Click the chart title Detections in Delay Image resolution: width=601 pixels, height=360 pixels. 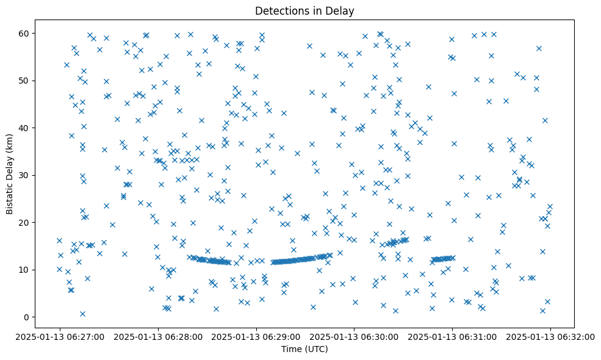pos(304,11)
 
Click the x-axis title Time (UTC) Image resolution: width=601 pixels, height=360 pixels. pos(304,349)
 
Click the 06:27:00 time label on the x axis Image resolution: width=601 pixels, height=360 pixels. pos(60,336)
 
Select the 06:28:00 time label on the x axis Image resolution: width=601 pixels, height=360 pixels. pos(158,336)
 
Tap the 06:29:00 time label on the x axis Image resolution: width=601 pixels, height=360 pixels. pos(256,336)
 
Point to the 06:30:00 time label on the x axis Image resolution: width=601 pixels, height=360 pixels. pos(354,336)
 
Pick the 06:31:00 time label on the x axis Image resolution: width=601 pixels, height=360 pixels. pos(452,336)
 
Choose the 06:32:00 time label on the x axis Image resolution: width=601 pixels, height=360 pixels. pos(550,336)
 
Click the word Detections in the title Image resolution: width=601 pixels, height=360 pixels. pos(281,11)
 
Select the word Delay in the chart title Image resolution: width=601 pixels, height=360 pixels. pos(342,11)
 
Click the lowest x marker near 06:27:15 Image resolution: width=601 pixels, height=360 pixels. pos(82,314)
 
